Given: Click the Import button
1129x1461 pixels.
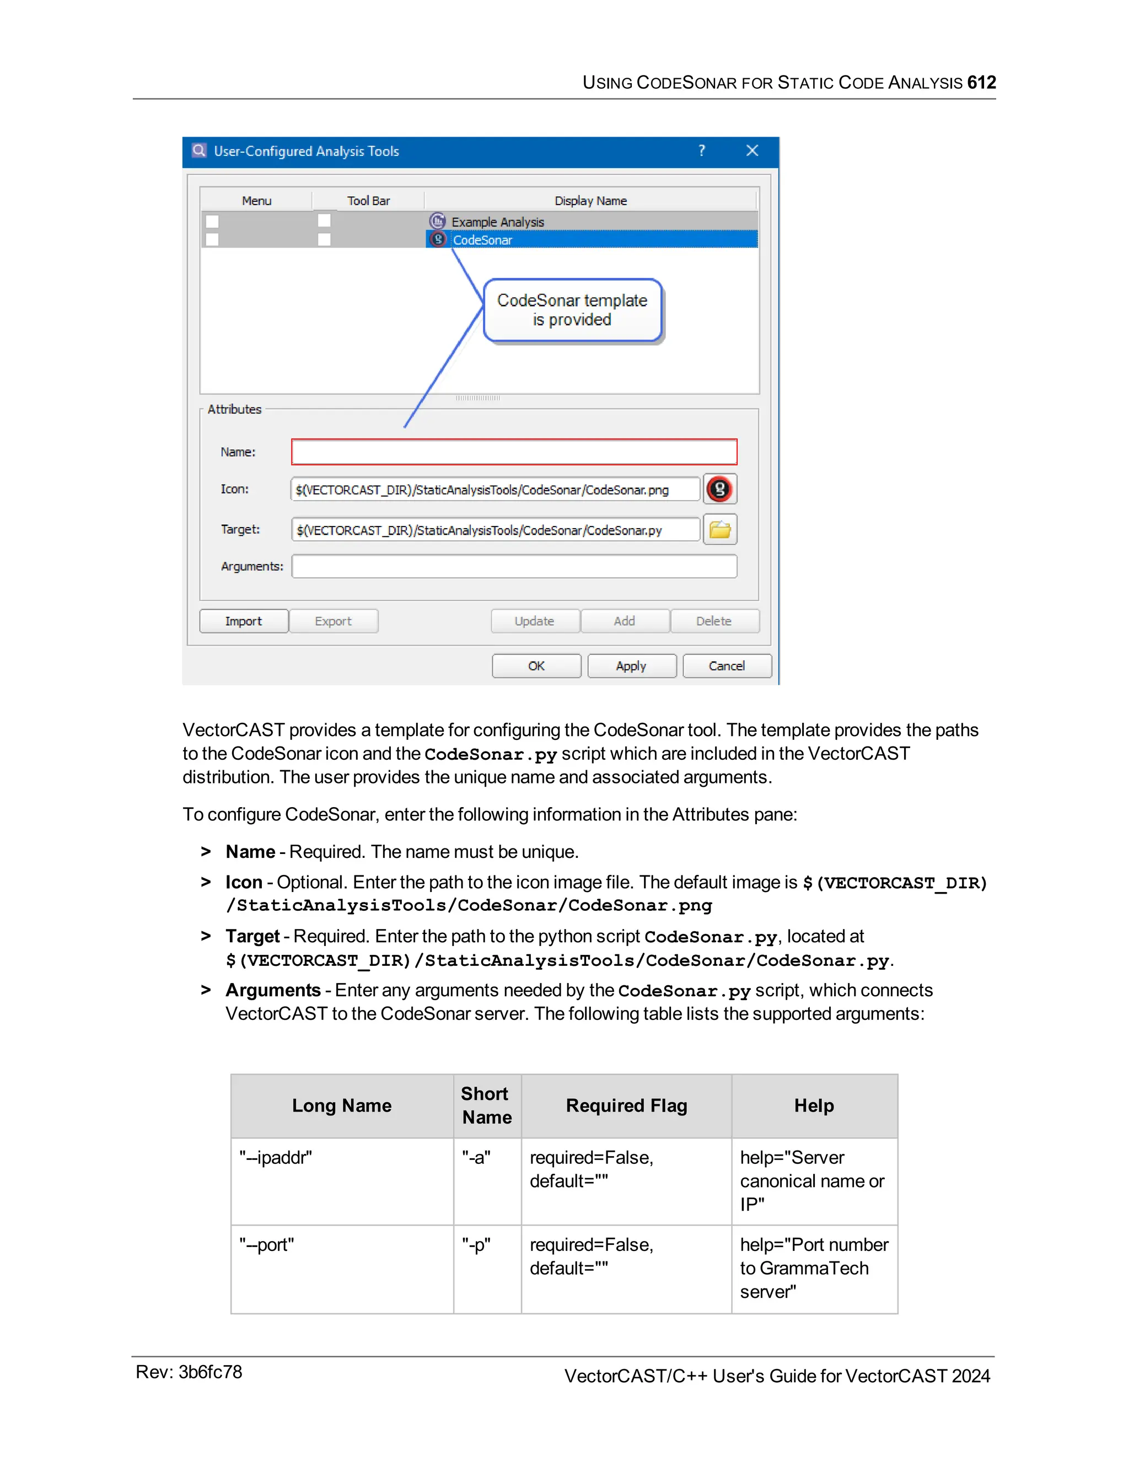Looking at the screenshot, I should pyautogui.click(x=244, y=621).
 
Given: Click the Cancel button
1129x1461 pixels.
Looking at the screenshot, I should pyautogui.click(x=727, y=665).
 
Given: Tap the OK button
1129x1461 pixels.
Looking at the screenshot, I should pyautogui.click(x=536, y=665).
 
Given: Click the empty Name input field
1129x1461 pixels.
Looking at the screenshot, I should pyautogui.click(x=514, y=452).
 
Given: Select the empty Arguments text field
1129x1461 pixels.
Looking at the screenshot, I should pyautogui.click(x=514, y=566).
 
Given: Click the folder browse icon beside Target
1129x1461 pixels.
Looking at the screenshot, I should pyautogui.click(x=719, y=529).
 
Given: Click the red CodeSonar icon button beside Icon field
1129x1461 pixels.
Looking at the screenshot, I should pyautogui.click(x=719, y=489).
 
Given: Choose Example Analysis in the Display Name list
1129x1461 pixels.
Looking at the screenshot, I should pyautogui.click(x=498, y=222).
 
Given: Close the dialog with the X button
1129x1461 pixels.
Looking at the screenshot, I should pyautogui.click(x=752, y=151).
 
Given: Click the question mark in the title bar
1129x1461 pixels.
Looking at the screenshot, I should pyautogui.click(x=702, y=151).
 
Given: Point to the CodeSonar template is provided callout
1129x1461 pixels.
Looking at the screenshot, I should pyautogui.click(x=572, y=310).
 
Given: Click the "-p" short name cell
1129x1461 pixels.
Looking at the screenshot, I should pyautogui.click(x=476, y=1245).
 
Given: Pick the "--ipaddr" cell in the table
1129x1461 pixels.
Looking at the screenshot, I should pyautogui.click(x=276, y=1158).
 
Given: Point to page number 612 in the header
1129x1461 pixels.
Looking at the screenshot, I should pyautogui.click(x=981, y=82).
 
